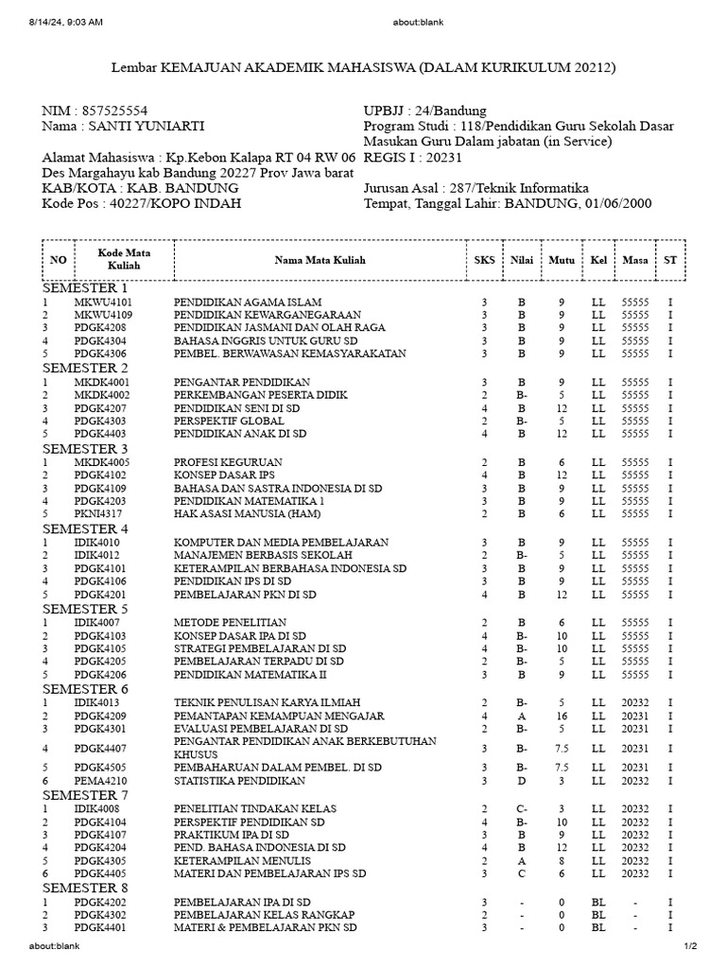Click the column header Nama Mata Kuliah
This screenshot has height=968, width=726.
point(320,260)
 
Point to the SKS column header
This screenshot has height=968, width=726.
point(484,260)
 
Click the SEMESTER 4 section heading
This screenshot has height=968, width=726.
point(85,528)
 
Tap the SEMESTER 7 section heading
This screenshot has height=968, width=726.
point(85,795)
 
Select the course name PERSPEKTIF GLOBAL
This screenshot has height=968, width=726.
point(223,421)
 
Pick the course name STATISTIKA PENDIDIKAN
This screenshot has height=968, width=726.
point(238,782)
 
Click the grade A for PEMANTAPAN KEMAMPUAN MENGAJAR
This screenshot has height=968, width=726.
point(521,716)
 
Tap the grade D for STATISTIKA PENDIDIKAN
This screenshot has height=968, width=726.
point(521,782)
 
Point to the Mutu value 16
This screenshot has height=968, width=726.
point(561,716)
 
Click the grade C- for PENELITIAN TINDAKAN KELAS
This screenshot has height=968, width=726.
point(521,809)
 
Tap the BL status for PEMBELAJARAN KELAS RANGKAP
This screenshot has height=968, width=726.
point(598,915)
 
